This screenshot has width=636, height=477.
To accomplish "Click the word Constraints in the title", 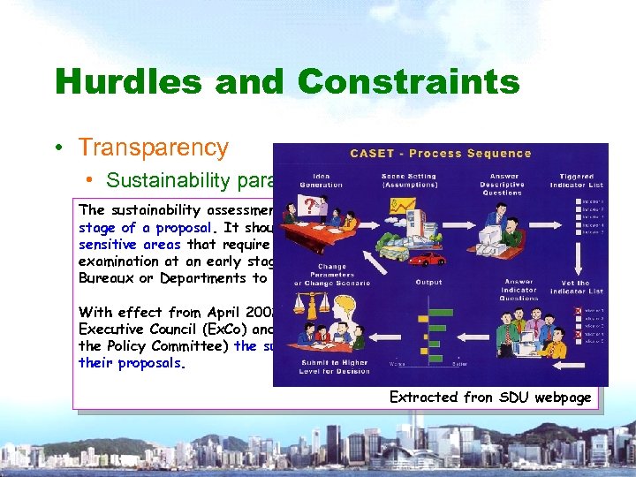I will click(x=408, y=82).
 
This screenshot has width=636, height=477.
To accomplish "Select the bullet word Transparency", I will click(x=154, y=148).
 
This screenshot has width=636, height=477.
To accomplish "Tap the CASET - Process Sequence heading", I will click(x=441, y=153).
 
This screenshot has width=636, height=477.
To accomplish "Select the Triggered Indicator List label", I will click(x=576, y=182).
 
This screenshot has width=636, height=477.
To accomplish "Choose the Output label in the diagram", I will click(x=428, y=283).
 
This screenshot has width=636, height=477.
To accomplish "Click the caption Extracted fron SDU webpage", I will click(x=490, y=397).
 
